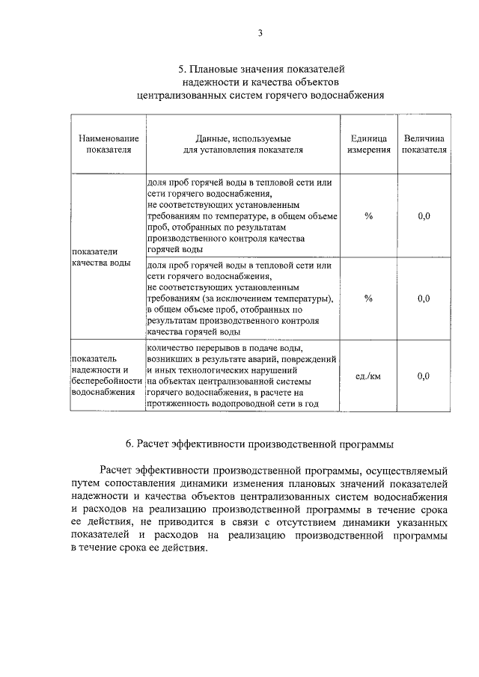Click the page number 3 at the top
tap(260, 32)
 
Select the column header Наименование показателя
tap(109, 144)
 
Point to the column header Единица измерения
tap(368, 144)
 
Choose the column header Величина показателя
tap(424, 144)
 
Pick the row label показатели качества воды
tap(101, 257)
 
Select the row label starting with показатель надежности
tap(106, 376)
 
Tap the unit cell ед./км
tap(368, 376)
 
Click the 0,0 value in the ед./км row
tap(424, 376)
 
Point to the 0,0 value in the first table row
tap(424, 216)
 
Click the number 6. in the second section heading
tap(130, 444)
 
